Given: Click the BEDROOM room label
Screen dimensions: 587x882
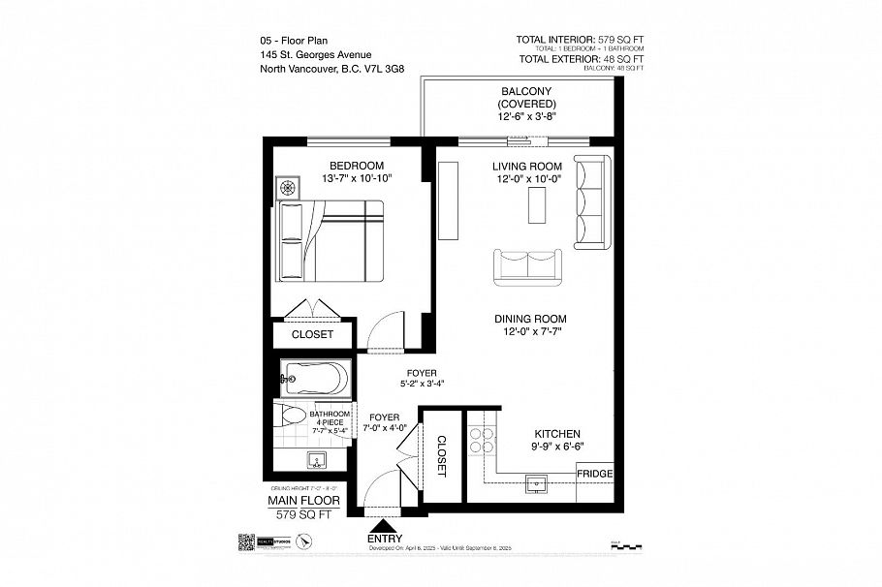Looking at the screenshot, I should [356, 165].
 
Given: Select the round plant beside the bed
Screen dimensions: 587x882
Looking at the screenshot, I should [288, 187].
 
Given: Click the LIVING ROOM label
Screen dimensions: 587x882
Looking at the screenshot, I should [526, 166].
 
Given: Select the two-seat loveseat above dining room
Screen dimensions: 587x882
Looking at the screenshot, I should [527, 266].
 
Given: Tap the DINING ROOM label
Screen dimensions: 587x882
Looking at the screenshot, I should [529, 319].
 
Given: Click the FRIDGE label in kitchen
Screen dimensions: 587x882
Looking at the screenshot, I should [594, 474].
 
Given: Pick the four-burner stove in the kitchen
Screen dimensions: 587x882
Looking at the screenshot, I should [482, 442].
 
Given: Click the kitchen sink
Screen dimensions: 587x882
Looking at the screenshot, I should [536, 481].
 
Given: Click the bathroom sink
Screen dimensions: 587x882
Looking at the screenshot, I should [316, 461].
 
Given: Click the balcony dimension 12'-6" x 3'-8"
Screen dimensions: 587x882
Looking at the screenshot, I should [526, 116].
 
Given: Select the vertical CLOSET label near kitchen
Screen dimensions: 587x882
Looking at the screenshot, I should [441, 455].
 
